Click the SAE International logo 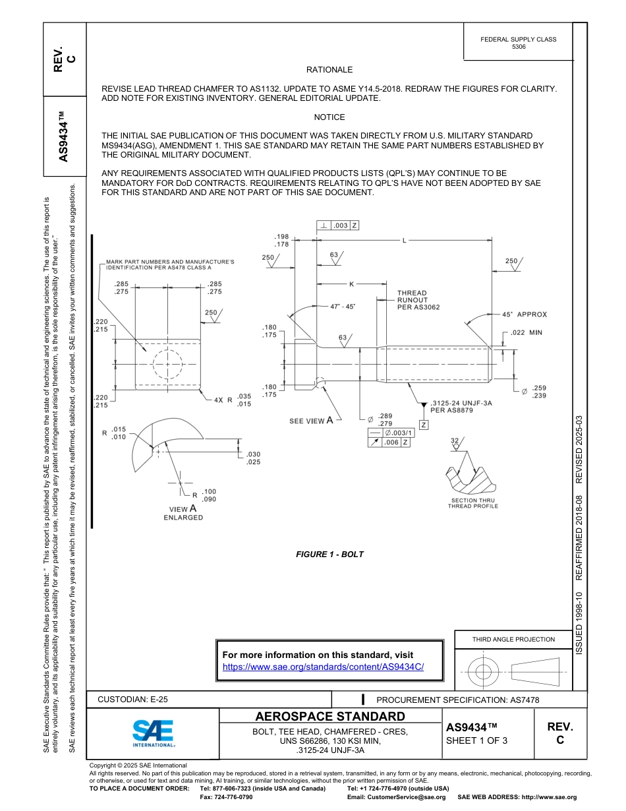[x=153, y=733]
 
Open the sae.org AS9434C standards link [x=323, y=667]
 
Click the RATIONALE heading [x=329, y=70]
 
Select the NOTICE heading [x=329, y=117]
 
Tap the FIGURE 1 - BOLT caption [x=329, y=555]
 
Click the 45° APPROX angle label [x=524, y=315]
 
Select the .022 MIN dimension [x=526, y=333]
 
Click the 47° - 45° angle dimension [x=343, y=307]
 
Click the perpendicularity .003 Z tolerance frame [x=338, y=225]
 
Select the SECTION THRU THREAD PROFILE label [x=472, y=503]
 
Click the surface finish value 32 [x=454, y=440]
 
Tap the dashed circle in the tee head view [x=167, y=364]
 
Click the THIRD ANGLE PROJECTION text [x=513, y=639]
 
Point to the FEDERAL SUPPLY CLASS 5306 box [x=518, y=43]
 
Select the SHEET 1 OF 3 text [x=477, y=740]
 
